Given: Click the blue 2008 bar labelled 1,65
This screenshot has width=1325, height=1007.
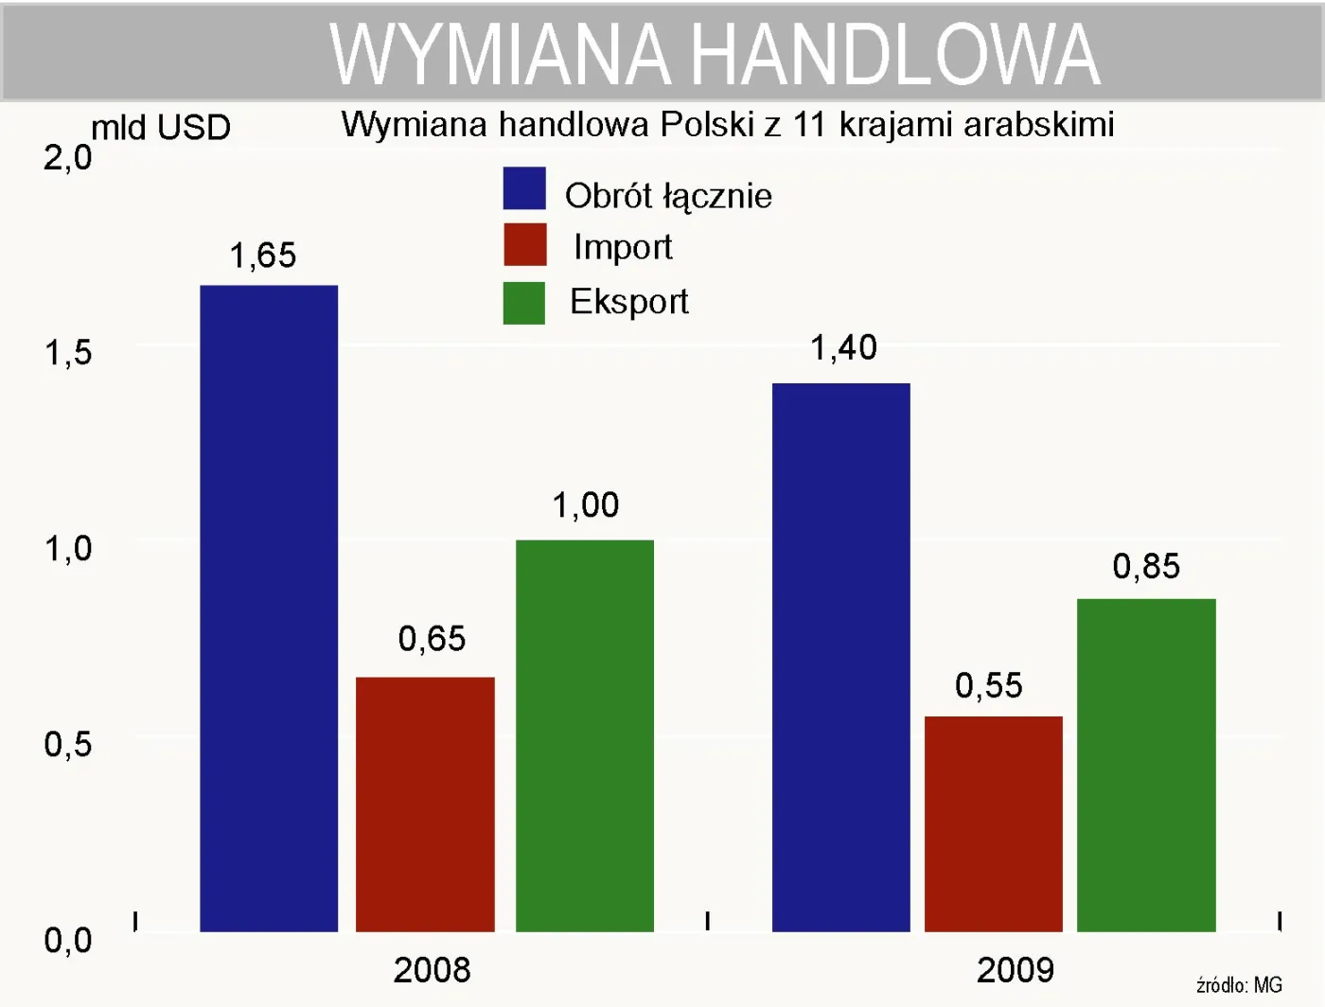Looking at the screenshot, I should [x=269, y=608].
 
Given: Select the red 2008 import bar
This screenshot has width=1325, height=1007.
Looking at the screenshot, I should [x=425, y=804].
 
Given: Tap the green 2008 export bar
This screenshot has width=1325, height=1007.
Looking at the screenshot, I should [x=585, y=735].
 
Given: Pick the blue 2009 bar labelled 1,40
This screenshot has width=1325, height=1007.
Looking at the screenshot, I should [x=840, y=657].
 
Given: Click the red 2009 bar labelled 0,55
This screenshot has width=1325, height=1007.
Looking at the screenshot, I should [x=993, y=823].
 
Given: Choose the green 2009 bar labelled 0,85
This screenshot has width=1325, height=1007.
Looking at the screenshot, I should [x=1146, y=765].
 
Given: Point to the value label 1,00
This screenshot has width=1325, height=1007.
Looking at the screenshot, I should [x=586, y=505].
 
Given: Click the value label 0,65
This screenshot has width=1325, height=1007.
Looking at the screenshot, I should [x=432, y=639].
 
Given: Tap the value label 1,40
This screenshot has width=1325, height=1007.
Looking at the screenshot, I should [x=843, y=348].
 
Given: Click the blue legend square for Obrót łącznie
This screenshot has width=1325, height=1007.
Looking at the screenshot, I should [x=524, y=188].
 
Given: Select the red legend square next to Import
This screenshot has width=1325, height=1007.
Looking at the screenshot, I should [x=524, y=244].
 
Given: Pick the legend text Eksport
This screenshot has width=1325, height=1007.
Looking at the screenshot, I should [x=628, y=302].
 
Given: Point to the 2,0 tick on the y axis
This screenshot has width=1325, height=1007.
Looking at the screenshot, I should [x=68, y=158].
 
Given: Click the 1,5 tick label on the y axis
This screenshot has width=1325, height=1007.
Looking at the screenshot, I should [x=68, y=353].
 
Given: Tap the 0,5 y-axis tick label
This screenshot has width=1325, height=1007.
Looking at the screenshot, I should [x=68, y=745].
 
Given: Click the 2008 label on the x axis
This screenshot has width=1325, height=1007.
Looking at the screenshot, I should [x=432, y=970].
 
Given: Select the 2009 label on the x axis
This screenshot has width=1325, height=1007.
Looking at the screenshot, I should [x=1015, y=970].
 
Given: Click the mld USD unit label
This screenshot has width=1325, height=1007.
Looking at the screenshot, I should [x=161, y=128].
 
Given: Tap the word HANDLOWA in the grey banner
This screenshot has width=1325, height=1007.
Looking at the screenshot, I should [x=894, y=55].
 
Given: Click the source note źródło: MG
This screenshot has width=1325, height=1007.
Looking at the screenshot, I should [x=1239, y=985].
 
